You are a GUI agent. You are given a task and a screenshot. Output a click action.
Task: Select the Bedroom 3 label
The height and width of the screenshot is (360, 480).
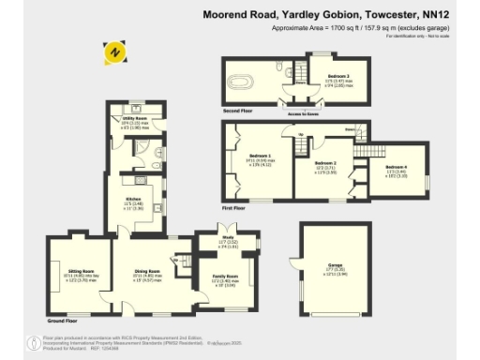[x=338, y=75]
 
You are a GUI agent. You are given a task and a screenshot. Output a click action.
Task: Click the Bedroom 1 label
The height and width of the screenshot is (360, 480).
[x=260, y=156]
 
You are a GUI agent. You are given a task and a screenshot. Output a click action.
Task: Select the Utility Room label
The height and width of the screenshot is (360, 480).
[x=136, y=119]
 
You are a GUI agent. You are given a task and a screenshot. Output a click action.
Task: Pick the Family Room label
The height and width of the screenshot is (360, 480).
[x=225, y=277]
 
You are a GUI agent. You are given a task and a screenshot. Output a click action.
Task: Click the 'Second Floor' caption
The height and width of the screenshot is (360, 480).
[x=239, y=110]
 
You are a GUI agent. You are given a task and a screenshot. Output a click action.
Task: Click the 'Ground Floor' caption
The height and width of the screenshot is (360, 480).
[x=62, y=321]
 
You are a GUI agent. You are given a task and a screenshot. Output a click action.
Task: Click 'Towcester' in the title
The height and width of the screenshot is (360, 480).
[x=384, y=15]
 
